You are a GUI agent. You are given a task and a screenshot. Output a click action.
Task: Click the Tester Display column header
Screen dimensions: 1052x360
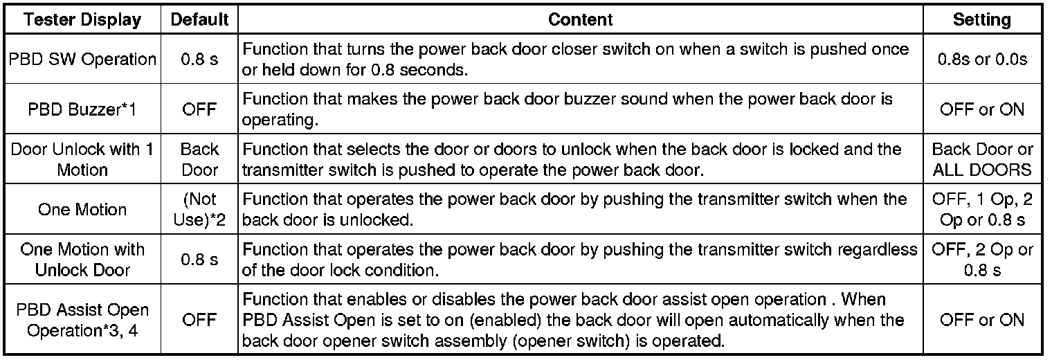point(82,19)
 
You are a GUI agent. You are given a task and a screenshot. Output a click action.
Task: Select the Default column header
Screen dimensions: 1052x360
point(199,19)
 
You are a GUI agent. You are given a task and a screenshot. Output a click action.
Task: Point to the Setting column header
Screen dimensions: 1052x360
point(981,19)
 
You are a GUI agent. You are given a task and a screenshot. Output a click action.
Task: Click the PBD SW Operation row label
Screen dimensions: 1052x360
point(82,59)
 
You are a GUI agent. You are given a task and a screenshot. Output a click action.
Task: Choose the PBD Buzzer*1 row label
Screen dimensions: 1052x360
point(82,109)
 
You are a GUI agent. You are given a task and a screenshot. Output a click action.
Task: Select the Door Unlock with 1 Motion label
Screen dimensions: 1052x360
point(82,159)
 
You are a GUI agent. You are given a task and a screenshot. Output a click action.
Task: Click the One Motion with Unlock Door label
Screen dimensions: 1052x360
point(82,259)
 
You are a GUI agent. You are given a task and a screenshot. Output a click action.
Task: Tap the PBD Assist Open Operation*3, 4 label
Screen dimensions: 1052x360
point(82,319)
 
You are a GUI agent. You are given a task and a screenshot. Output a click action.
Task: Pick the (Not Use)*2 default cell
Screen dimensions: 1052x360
point(199,209)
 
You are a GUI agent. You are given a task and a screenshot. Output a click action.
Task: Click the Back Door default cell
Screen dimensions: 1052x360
point(199,159)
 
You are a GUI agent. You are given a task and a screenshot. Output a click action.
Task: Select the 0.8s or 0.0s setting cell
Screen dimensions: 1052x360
point(981,59)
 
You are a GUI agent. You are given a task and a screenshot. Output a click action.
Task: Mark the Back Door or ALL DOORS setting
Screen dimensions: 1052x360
point(981,159)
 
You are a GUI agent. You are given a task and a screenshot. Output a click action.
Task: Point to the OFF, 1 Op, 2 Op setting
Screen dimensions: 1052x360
point(981,209)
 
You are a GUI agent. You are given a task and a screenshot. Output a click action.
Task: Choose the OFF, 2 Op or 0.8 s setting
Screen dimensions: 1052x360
point(981,259)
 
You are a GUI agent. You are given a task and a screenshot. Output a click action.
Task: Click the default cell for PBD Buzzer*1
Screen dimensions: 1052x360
point(199,109)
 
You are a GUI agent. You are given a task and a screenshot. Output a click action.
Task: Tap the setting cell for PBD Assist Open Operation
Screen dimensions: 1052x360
point(981,320)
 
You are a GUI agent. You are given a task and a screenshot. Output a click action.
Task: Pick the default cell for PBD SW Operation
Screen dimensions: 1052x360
point(199,59)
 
